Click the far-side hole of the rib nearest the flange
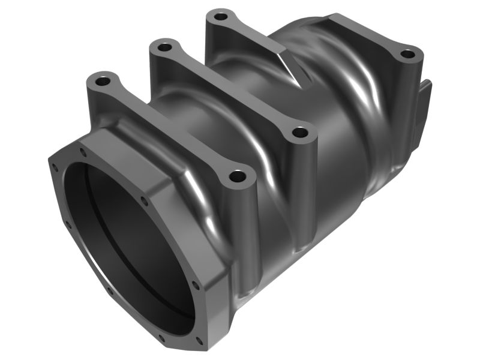(x=103, y=79)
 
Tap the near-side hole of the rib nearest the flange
(x=238, y=178)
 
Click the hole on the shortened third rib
(x=221, y=16)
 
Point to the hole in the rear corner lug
(x=407, y=54)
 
